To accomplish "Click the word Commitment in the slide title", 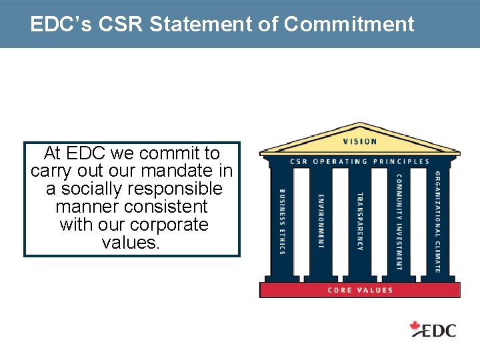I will coord(349,25).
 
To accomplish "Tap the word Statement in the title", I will coord(212,25).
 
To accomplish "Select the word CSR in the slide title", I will coord(122,25).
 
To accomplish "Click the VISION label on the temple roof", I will coord(360,141).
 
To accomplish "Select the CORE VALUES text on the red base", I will coord(360,290).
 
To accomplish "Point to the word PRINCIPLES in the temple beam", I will coord(401,161).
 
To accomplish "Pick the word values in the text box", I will coord(131,243).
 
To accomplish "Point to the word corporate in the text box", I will coord(169,225).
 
